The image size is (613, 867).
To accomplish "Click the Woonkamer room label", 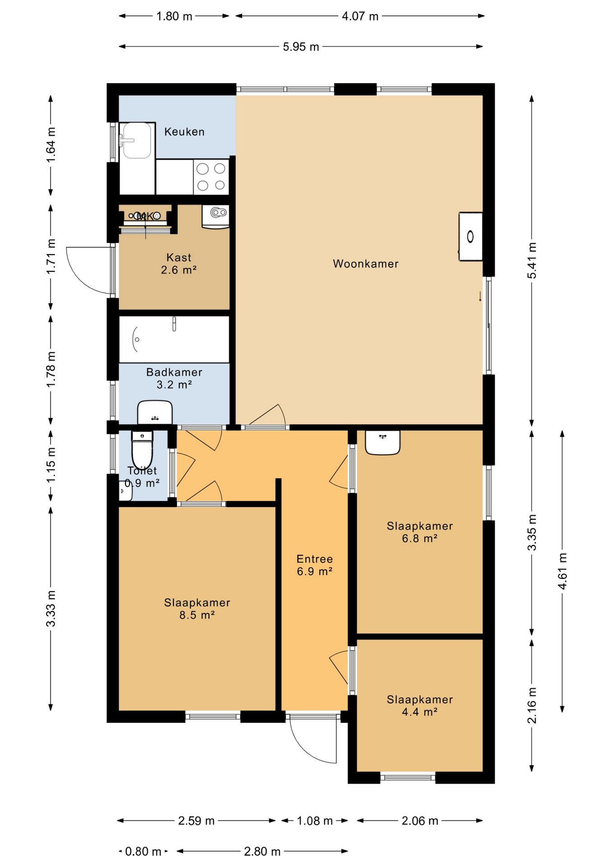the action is (x=366, y=264).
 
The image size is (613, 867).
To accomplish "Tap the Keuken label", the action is (x=184, y=132).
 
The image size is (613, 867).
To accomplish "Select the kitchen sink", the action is (x=137, y=140).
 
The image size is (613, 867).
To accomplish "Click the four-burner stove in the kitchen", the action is (x=211, y=177).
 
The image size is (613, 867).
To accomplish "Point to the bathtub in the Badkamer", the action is (x=174, y=339).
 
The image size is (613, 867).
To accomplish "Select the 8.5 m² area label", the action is (x=197, y=615).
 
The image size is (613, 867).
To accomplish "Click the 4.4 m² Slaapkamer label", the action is (x=420, y=706).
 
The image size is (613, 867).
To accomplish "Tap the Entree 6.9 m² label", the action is (x=315, y=565).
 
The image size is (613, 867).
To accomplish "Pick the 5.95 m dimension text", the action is (x=301, y=47).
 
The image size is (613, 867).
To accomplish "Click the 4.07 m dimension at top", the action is (x=360, y=16).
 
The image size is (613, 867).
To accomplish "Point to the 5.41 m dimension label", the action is (x=532, y=260).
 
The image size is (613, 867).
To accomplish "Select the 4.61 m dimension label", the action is (x=562, y=571).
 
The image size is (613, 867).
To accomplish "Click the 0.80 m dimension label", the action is (x=143, y=852).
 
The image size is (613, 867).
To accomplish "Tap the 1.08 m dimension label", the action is (x=315, y=821).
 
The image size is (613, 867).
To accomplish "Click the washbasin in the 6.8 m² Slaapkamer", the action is (x=382, y=443).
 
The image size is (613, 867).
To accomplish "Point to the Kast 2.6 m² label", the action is (x=179, y=264).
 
